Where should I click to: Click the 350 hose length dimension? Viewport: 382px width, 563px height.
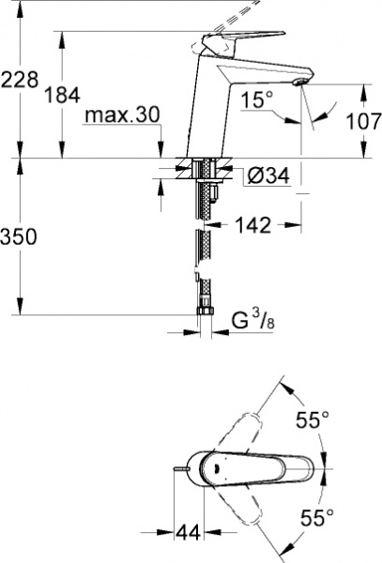pyautogui.click(x=20, y=237)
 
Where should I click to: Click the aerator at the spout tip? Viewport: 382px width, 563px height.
pyautogui.click(x=298, y=85)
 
